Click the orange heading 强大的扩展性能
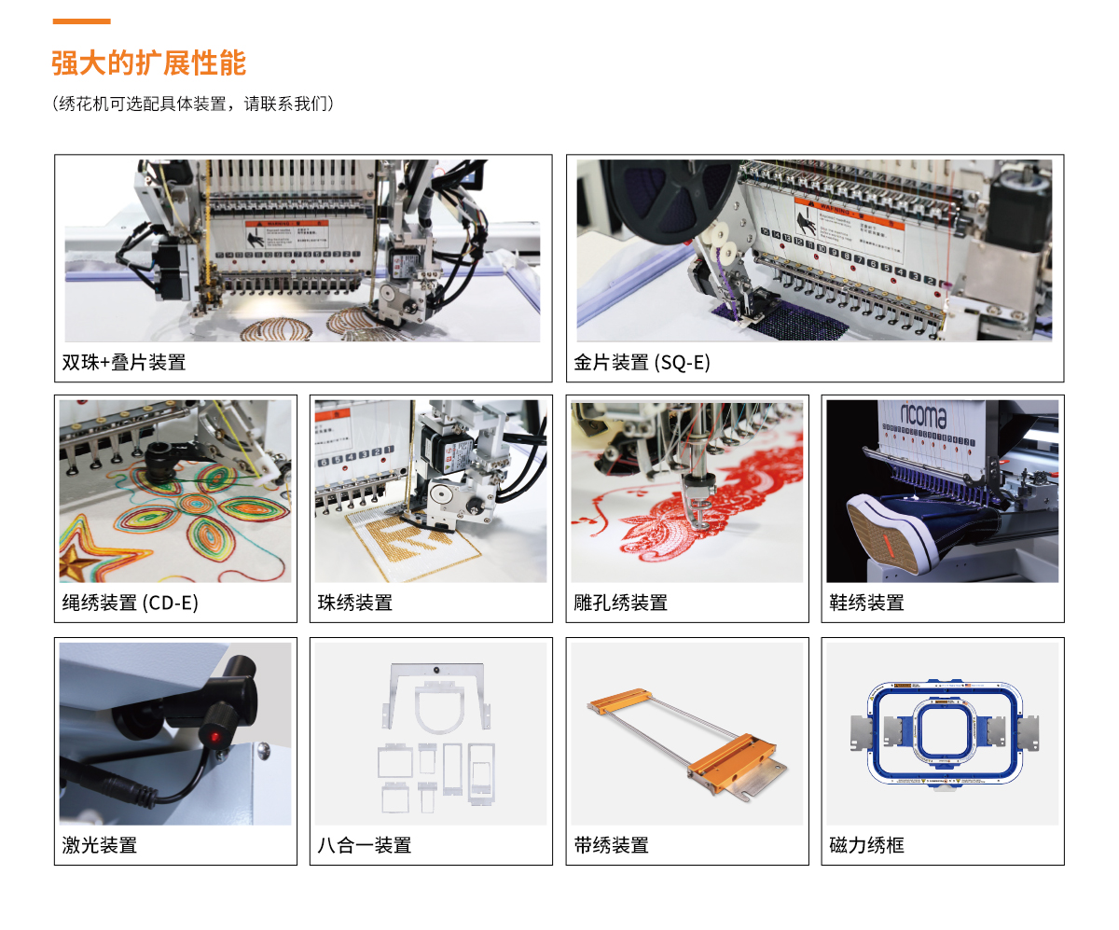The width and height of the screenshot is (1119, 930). pos(148,62)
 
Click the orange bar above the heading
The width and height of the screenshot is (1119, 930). pos(81,21)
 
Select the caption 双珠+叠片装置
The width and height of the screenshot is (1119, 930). pos(124,362)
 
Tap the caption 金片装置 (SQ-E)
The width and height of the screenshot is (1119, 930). pos(642,362)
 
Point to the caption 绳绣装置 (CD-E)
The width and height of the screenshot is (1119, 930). pos(131,603)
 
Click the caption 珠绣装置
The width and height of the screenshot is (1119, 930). pos(354,603)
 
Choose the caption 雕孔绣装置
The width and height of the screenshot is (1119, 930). pos(621,603)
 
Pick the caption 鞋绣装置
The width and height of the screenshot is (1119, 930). pos(866,603)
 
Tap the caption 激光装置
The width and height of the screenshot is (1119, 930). pos(100,845)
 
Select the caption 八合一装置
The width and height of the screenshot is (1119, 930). pos(365,845)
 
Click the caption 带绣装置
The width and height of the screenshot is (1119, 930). pos(612,845)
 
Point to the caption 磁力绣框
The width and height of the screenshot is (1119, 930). pos(866,845)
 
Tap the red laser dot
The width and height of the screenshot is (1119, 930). pos(214,736)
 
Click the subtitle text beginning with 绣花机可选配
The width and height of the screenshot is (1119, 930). pos(193,104)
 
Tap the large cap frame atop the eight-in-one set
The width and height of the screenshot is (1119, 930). pos(436,698)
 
